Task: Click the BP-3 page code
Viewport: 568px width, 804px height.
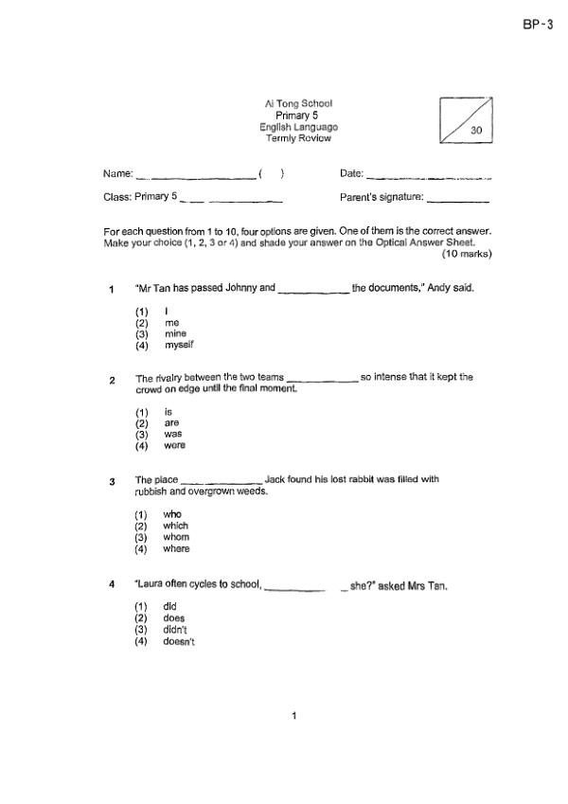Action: (537, 26)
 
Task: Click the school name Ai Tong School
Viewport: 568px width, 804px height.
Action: (298, 103)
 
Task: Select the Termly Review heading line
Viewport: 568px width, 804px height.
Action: (298, 138)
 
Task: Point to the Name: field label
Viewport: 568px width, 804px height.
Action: (117, 173)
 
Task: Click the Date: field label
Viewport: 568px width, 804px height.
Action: (350, 173)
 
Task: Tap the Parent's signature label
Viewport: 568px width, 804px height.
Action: (382, 197)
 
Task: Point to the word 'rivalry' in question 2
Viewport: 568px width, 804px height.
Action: (171, 377)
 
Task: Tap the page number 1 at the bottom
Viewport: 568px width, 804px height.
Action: (294, 716)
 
